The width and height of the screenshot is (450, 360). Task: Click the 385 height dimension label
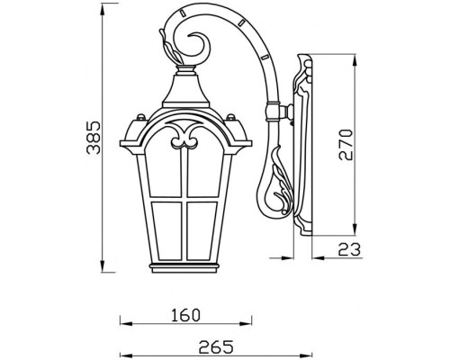94,138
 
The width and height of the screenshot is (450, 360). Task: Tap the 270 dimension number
346,145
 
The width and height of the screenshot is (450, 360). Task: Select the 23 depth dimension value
349,249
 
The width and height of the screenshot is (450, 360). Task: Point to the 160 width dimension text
185,315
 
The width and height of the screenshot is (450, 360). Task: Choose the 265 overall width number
216,346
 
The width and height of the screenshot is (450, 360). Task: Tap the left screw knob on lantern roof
139,117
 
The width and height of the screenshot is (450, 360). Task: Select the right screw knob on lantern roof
230,117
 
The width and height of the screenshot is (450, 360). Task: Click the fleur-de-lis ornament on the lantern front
184,137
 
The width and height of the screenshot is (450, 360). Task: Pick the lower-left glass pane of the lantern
166,231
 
